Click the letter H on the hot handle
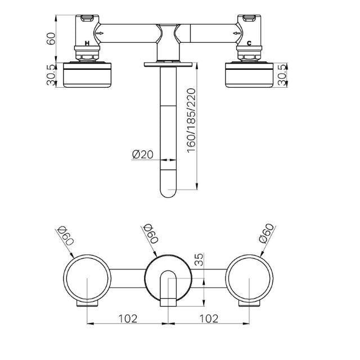pos(87,43)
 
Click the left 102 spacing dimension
pos(128,318)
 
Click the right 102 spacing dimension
pos(209,318)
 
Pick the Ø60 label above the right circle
pos(267,234)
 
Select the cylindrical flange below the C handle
pos(250,75)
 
